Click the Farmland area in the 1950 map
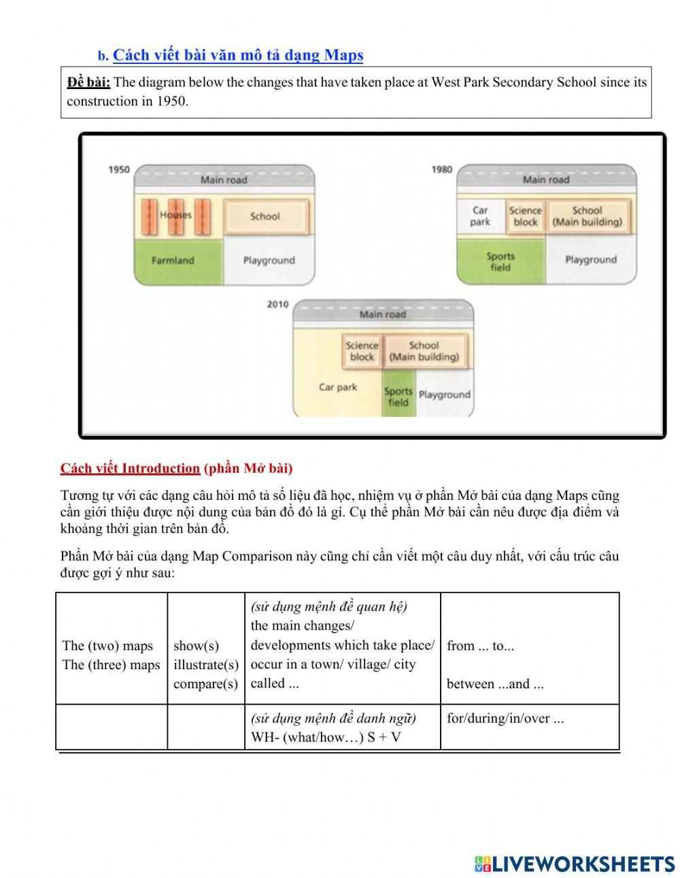click(x=173, y=260)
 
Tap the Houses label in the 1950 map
click(x=175, y=215)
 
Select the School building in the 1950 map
click(x=265, y=216)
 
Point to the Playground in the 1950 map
click(x=269, y=260)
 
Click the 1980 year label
click(x=442, y=169)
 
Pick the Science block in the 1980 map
click(x=526, y=216)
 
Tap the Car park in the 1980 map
click(x=480, y=216)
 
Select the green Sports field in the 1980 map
click(x=500, y=262)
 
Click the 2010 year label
click(x=277, y=304)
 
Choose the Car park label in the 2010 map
click(x=338, y=388)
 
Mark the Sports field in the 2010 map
click(x=398, y=396)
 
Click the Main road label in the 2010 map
click(x=382, y=314)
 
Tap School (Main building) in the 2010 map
click(x=424, y=351)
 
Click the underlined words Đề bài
click(x=88, y=82)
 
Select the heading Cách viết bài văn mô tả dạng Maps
click(x=238, y=55)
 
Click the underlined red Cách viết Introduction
click(x=130, y=468)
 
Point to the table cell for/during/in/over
click(x=505, y=718)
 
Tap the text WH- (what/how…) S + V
click(x=326, y=737)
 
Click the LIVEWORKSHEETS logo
click(x=575, y=864)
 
